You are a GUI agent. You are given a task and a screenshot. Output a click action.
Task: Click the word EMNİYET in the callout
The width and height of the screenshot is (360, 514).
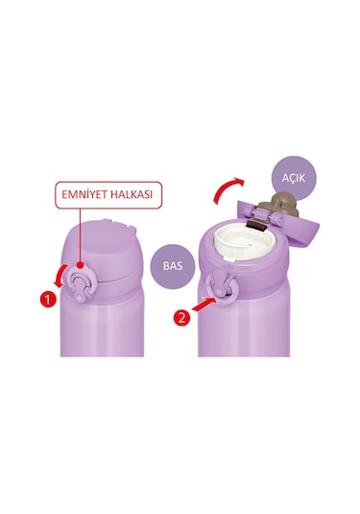[84, 194]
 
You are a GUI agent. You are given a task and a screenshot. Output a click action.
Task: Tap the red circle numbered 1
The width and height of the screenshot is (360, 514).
[48, 300]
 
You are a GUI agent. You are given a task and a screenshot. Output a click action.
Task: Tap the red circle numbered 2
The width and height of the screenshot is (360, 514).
[181, 317]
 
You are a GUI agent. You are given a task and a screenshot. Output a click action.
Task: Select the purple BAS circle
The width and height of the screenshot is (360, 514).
[173, 266]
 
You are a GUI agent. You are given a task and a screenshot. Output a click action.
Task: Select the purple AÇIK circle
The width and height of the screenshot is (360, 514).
[294, 179]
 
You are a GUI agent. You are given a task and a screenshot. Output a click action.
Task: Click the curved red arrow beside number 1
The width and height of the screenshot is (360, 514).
[60, 276]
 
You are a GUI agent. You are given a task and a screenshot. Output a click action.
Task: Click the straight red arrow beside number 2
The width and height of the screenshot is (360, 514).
[204, 304]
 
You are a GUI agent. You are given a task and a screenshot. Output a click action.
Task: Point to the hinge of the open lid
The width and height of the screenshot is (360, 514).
[262, 216]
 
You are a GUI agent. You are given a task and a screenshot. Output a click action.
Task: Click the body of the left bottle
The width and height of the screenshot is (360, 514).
[102, 325]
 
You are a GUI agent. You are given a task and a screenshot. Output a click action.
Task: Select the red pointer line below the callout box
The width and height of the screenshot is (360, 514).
[81, 235]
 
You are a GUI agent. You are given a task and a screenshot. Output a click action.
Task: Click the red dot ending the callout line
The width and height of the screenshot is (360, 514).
[81, 264]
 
